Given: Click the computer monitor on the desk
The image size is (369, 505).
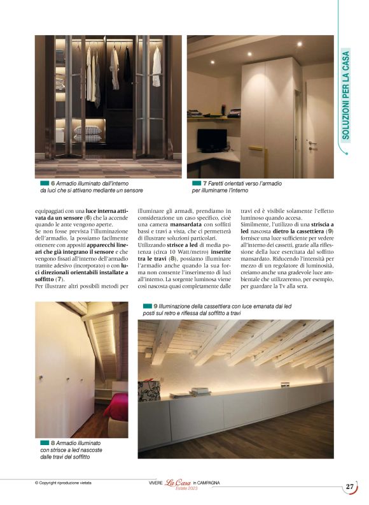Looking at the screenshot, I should click(x=208, y=140).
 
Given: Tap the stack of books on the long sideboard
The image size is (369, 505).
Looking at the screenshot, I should click(x=200, y=392).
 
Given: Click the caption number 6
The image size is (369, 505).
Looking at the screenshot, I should click(x=53, y=184).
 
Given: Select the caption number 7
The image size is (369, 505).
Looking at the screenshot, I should click(x=205, y=184).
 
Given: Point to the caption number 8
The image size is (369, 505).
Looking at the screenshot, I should click(x=53, y=443).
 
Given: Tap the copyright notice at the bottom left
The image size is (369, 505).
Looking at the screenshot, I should click(x=63, y=483).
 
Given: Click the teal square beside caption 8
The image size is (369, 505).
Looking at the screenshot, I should click(x=45, y=443).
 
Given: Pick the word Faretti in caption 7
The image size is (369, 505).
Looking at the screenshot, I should click(x=218, y=184).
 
